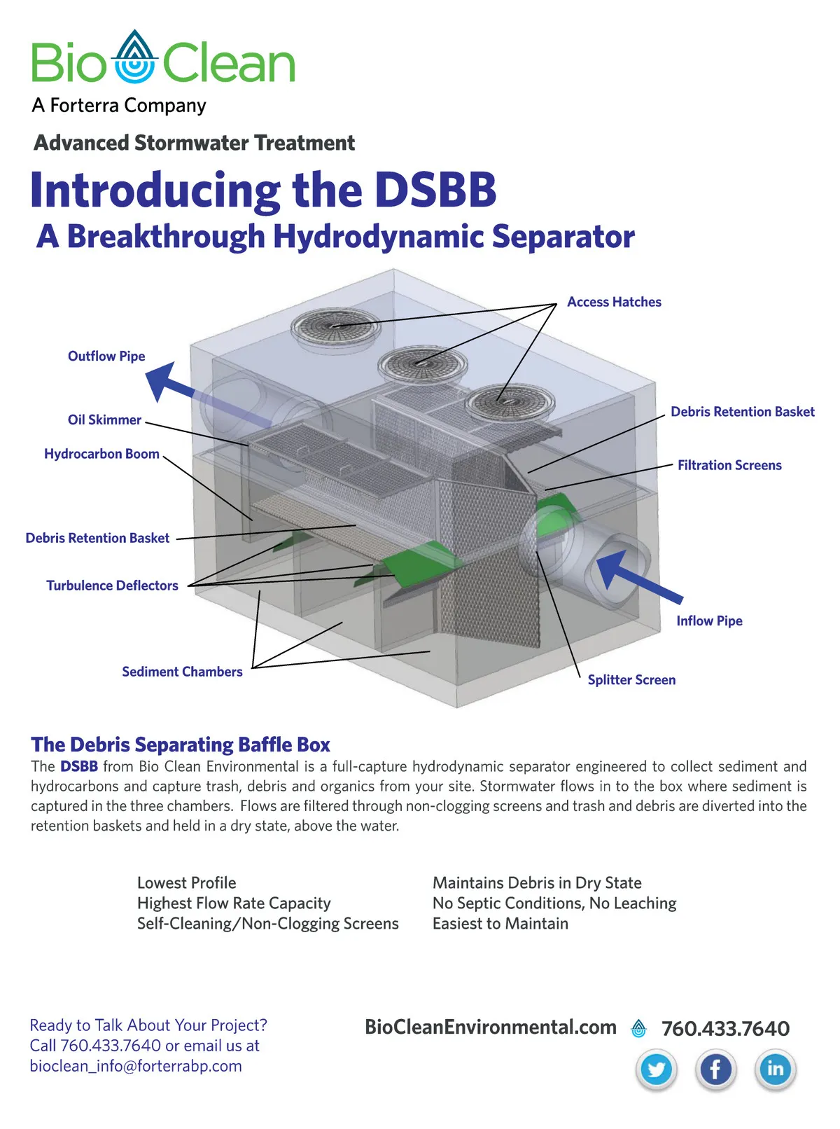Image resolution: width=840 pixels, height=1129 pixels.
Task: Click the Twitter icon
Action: [657, 1069]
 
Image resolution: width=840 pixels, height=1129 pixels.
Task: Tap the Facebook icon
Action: [715, 1069]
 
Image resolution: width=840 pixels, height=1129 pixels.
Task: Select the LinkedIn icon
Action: [775, 1069]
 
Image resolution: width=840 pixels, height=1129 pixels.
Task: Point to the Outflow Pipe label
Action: [106, 356]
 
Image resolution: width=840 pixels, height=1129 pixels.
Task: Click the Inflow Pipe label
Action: [709, 621]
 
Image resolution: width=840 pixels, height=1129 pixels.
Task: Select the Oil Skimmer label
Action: [104, 420]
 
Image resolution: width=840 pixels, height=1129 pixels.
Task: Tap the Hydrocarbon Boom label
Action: [101, 454]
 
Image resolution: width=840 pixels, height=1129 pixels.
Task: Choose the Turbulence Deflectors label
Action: [112, 586]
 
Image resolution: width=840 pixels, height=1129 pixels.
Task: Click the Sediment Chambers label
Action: [182, 672]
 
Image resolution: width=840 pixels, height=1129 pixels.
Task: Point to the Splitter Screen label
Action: [631, 680]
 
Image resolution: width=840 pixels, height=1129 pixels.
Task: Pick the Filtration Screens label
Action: [729, 466]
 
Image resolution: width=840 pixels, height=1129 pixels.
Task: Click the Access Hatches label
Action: [614, 302]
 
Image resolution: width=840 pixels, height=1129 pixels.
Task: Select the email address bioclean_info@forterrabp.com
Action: [136, 1066]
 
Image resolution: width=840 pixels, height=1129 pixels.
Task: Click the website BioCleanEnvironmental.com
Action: [491, 1027]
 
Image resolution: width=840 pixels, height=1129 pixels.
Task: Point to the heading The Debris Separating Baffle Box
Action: [181, 744]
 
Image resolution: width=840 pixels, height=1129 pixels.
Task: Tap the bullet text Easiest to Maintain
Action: [500, 924]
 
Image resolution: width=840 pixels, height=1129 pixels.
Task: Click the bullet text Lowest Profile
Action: [187, 883]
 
